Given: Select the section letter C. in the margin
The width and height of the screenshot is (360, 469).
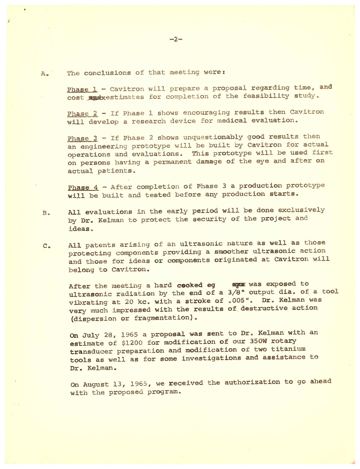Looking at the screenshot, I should coord(47,246).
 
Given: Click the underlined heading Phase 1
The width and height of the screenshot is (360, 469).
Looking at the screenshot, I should coord(82,90).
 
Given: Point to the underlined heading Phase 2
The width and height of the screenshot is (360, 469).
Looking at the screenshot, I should coord(82,114).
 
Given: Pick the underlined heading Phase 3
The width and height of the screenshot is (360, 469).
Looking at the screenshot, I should coord(82,139).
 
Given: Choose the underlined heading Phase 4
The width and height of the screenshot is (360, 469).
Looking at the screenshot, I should coord(83,188).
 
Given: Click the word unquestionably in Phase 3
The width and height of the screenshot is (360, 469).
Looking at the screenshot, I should coord(213,137).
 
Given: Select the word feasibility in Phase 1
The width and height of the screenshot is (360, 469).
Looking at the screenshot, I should coord(266,96).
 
